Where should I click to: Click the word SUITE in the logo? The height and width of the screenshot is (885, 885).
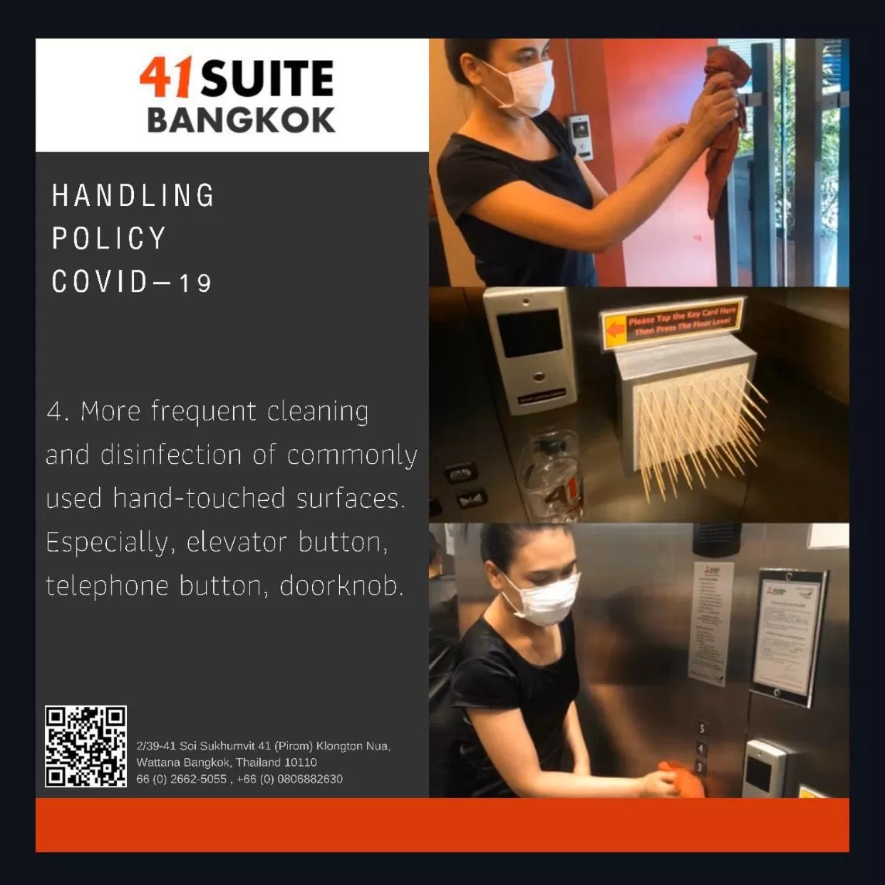pos(267,78)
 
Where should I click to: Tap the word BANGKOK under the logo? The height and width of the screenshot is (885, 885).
pos(241,120)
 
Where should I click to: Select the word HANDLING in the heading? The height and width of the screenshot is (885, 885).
pos(133,196)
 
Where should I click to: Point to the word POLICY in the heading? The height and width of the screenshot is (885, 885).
pos(109,239)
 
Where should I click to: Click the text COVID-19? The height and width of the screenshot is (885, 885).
pos(132,282)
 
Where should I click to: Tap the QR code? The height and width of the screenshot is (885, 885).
pos(86,746)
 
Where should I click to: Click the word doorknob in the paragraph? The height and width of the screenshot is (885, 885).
pos(341,586)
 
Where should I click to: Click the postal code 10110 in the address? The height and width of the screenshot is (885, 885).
pos(301,762)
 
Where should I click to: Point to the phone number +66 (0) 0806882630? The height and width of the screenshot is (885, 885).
pos(289,779)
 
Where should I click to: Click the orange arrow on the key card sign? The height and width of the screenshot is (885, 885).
pos(614,330)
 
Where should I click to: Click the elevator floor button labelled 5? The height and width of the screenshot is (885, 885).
pos(702,729)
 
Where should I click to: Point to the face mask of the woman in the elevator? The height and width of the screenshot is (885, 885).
pos(548,599)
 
